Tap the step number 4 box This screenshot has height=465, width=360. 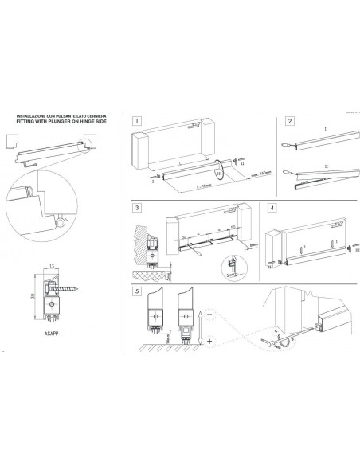[272, 209]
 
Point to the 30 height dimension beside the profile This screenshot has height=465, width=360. [33, 295]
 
